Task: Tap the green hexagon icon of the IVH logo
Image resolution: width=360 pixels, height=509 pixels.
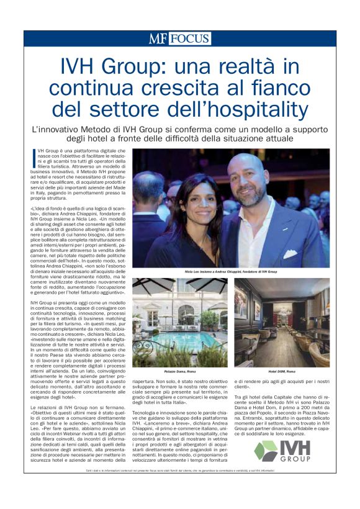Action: [x=268, y=451]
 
